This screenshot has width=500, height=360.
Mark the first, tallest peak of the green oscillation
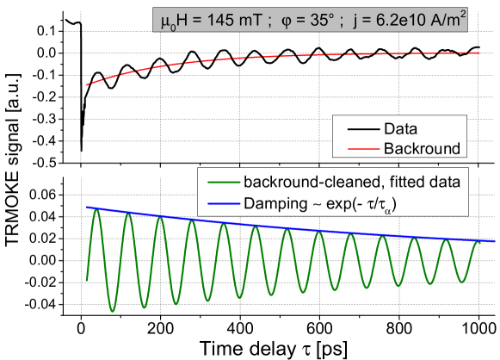pos(96,208)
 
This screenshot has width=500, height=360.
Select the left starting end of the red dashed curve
pos(86,84)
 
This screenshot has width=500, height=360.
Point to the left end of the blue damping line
pos(86,208)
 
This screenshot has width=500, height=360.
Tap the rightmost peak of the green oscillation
pos(478,241)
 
